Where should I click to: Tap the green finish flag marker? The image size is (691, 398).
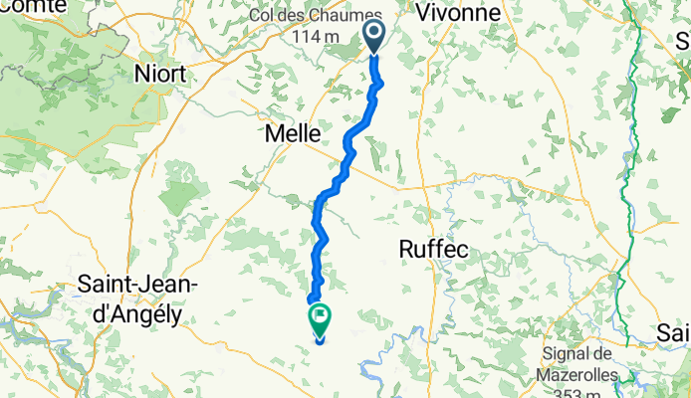point(321,320)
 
